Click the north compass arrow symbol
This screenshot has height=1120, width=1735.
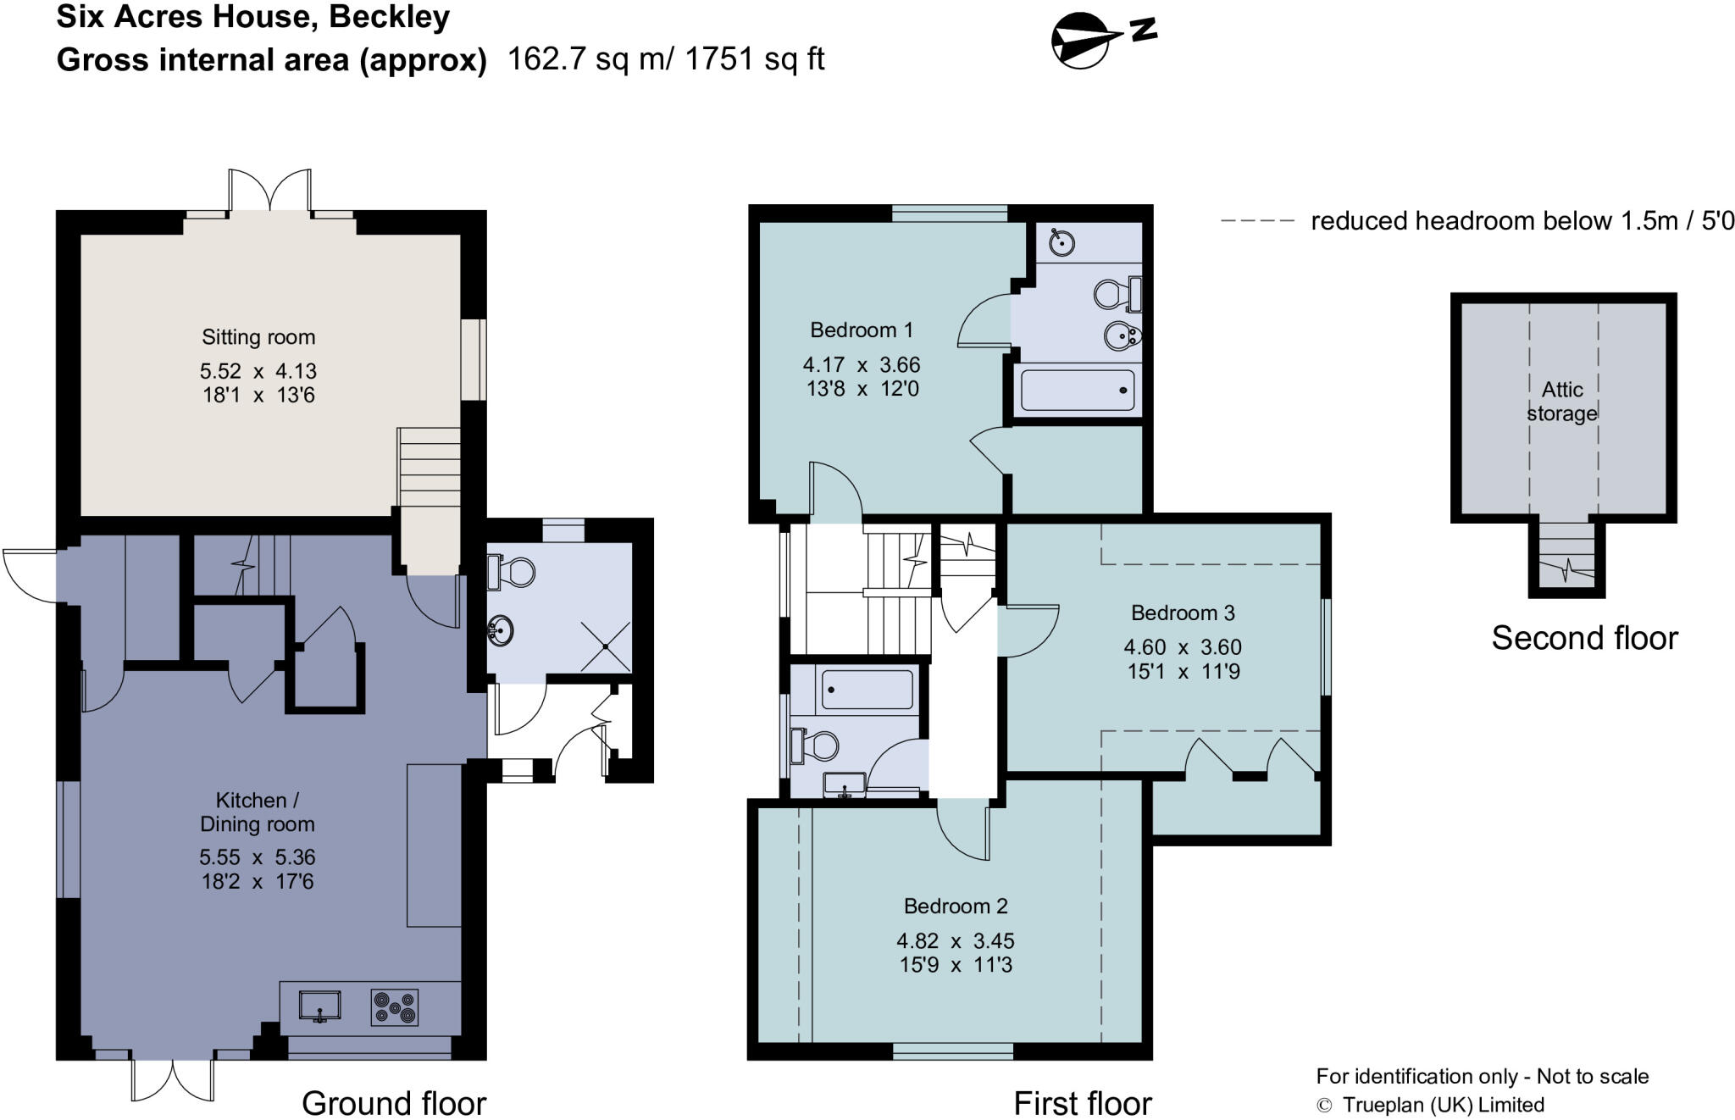[x=1101, y=39]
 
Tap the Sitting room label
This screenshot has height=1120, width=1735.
[x=258, y=337]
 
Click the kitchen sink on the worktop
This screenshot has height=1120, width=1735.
[x=319, y=1006]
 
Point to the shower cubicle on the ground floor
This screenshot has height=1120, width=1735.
[x=606, y=647]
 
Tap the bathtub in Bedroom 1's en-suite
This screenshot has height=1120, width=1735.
[x=1078, y=391]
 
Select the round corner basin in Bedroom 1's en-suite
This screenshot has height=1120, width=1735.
[x=1062, y=242]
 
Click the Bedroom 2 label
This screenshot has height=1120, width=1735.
[x=956, y=906]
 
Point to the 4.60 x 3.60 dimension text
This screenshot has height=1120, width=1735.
[x=1183, y=647]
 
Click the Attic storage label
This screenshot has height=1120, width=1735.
[x=1562, y=402]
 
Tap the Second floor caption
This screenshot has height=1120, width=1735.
[x=1584, y=638]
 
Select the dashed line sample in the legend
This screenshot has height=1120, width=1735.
[x=1257, y=221]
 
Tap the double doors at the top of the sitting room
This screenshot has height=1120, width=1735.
[x=269, y=190]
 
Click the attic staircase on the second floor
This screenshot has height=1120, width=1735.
[x=1566, y=554]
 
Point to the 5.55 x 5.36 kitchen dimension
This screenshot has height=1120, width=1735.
[x=258, y=857]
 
